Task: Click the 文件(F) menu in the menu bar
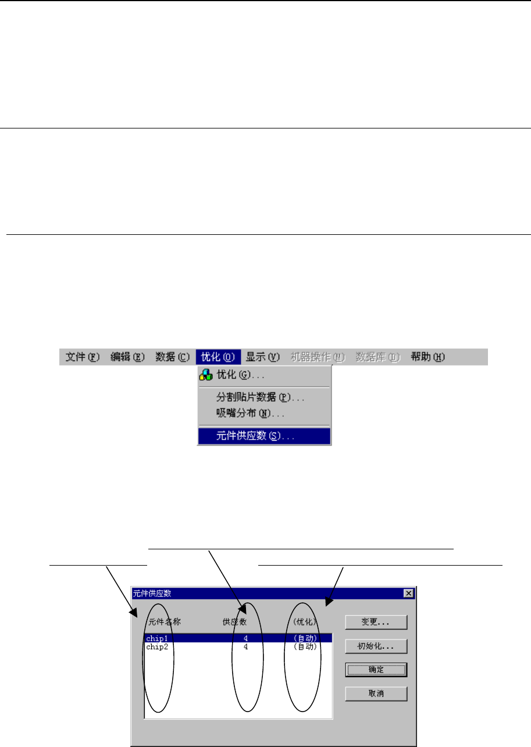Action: click(83, 357)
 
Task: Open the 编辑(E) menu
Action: click(128, 357)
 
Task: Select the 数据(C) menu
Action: click(173, 357)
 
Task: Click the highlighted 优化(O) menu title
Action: click(218, 357)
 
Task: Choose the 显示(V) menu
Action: click(263, 357)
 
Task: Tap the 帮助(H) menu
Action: click(428, 357)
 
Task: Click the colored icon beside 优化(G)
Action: click(205, 376)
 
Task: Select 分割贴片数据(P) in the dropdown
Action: click(261, 398)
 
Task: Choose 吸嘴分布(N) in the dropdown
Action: click(250, 414)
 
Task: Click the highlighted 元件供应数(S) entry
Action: click(256, 436)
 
